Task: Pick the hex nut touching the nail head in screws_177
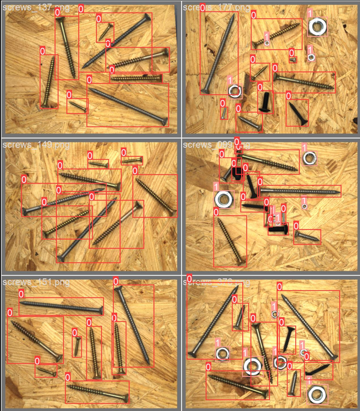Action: coord(234,90)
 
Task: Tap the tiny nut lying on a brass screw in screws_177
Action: coord(266,41)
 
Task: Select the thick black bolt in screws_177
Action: coord(265,101)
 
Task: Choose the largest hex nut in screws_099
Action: coord(224,200)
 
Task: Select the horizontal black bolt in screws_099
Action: coord(278,230)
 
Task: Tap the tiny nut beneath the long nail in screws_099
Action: coord(304,205)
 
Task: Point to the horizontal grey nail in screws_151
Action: coord(62,307)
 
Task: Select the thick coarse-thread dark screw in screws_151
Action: coord(35,339)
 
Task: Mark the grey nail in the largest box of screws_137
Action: coord(127,105)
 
